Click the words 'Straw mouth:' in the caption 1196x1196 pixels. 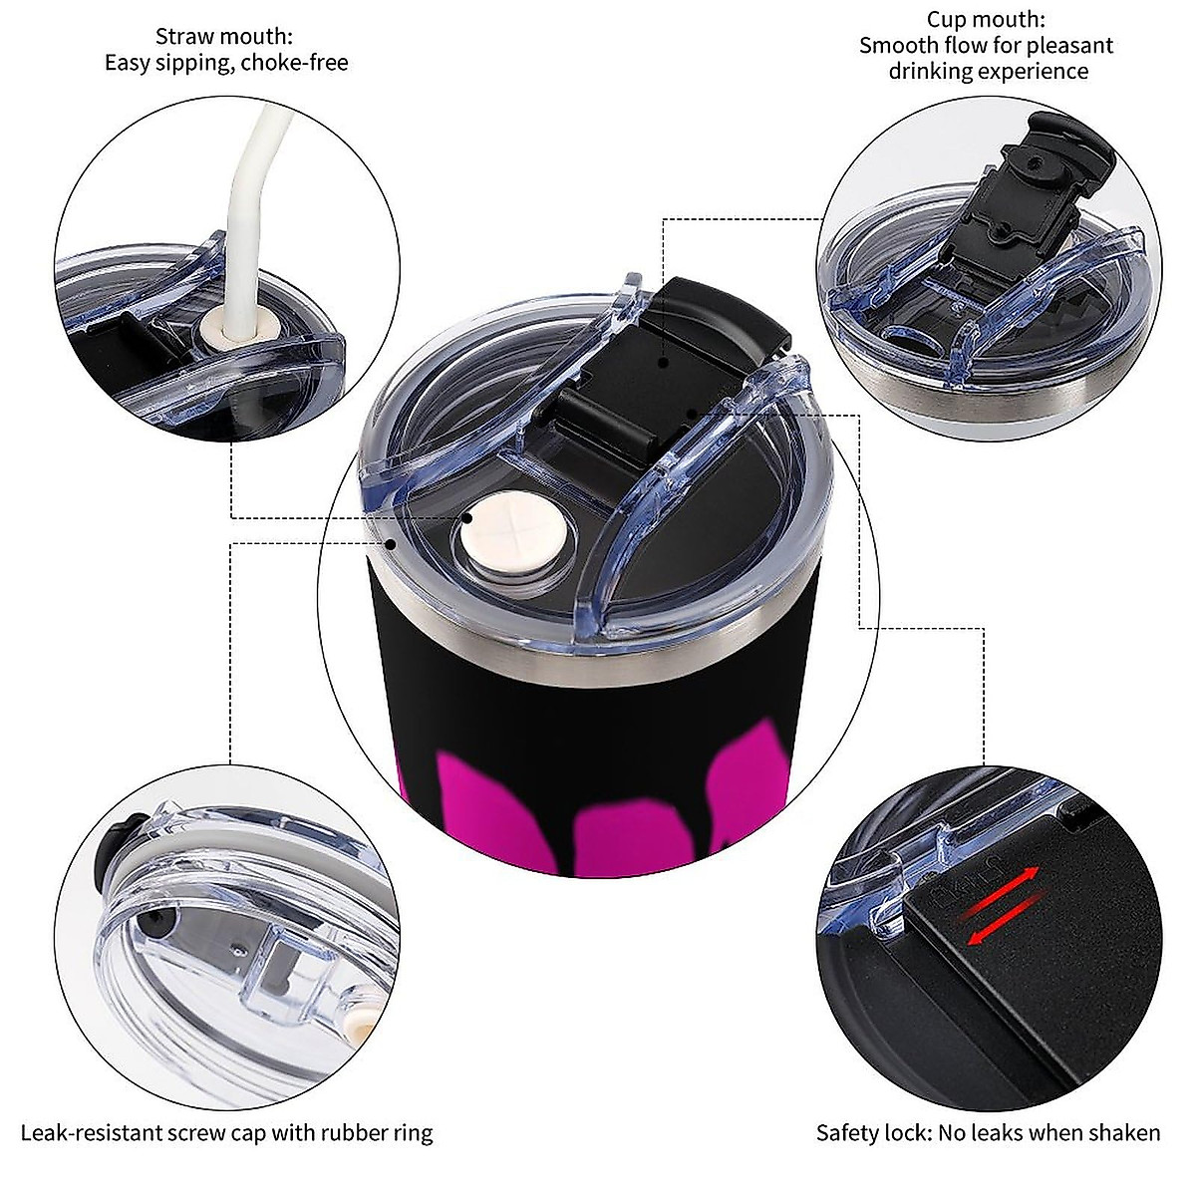click(x=223, y=37)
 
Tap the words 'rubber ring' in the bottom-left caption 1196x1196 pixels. click(x=383, y=1132)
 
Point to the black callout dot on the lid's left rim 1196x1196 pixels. click(x=395, y=544)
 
